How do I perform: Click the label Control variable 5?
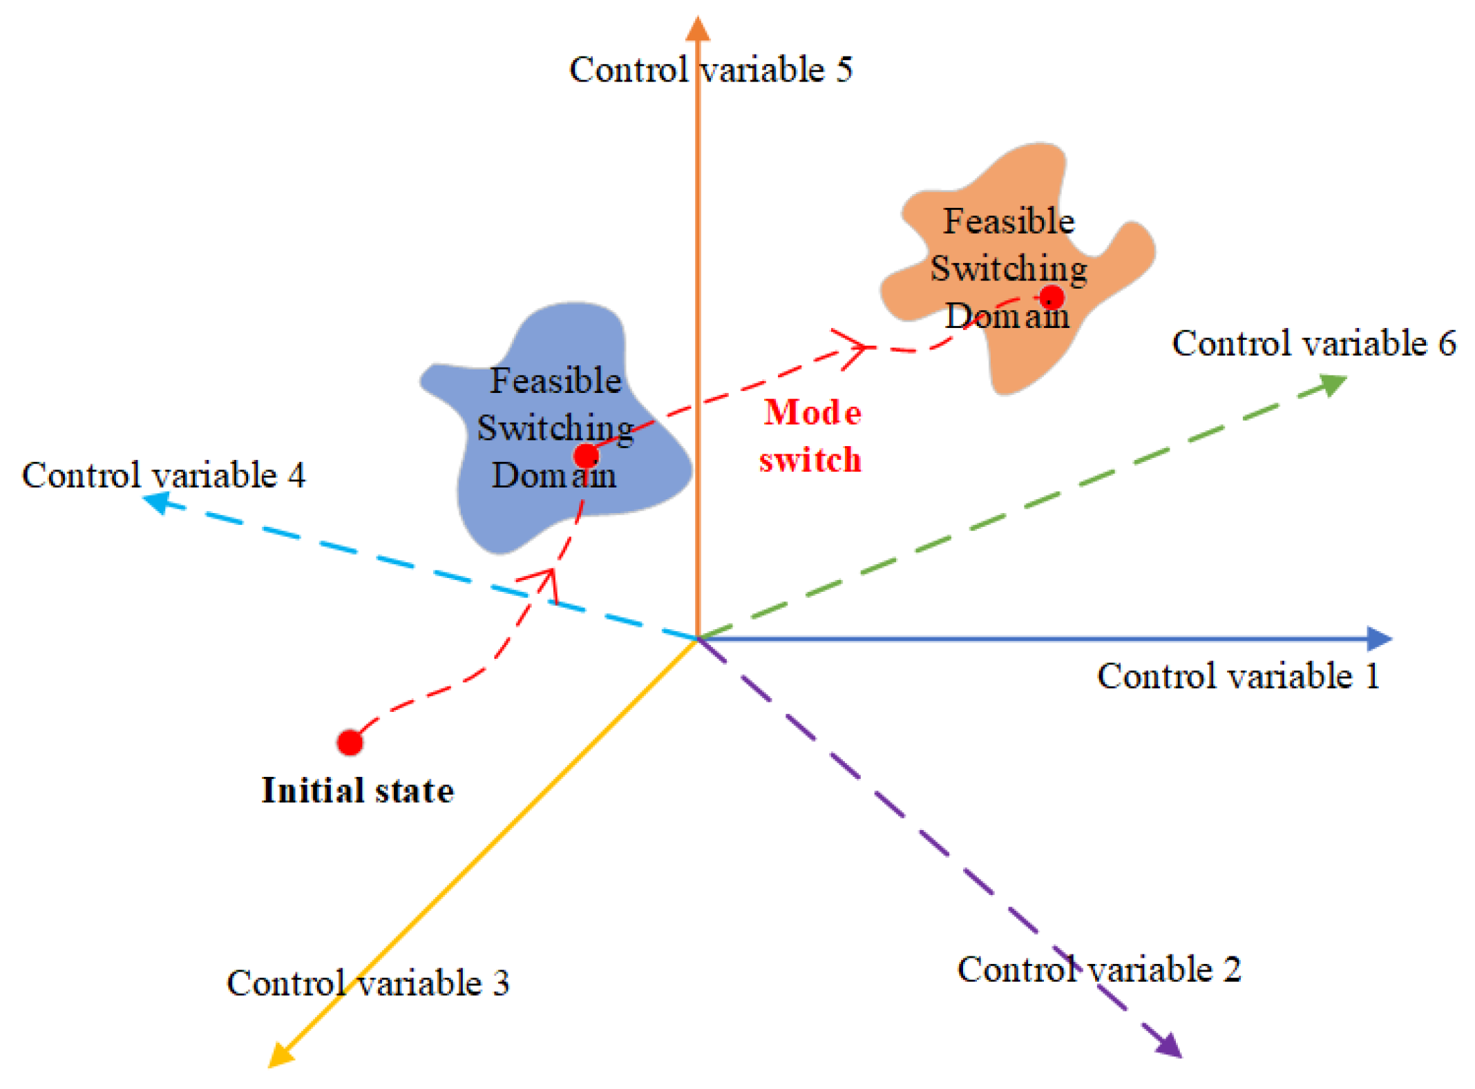click(x=710, y=70)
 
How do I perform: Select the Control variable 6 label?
click(x=1313, y=343)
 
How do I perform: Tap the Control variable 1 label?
click(x=1238, y=675)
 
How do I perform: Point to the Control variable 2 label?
click(x=1098, y=969)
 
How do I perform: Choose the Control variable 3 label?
click(x=368, y=983)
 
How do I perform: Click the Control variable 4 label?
click(x=163, y=475)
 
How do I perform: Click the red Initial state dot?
click(x=350, y=742)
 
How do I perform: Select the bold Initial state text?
click(x=357, y=791)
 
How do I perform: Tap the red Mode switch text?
click(x=811, y=436)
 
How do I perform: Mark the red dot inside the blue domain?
click(x=586, y=456)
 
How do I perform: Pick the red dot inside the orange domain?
click(x=1051, y=298)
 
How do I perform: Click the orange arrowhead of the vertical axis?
click(x=698, y=29)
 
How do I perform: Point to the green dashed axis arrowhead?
click(x=1333, y=383)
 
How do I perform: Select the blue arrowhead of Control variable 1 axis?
click(x=1379, y=639)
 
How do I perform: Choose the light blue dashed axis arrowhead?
click(x=155, y=502)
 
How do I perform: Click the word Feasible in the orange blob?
click(x=1009, y=222)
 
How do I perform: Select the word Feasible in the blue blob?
click(x=555, y=380)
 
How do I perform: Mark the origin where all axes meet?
click(x=698, y=639)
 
